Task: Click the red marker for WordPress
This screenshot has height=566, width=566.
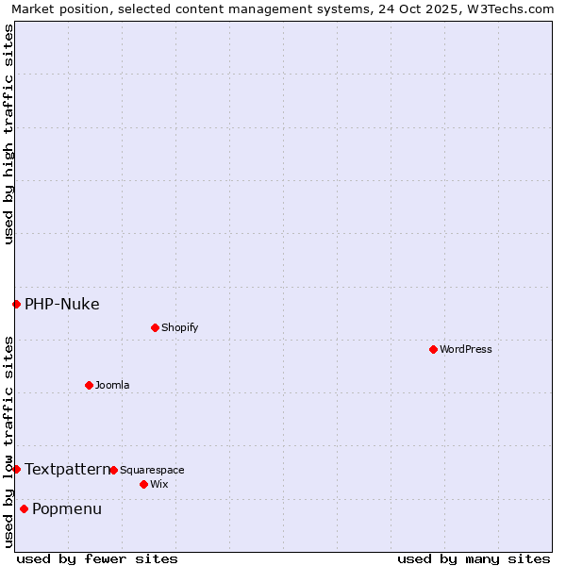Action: [433, 349]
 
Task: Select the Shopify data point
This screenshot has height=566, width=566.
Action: [155, 327]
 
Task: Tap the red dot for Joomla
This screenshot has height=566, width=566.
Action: [89, 385]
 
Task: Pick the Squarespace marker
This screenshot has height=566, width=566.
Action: [113, 470]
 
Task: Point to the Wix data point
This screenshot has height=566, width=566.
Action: [143, 484]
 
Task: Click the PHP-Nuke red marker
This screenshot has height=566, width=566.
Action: [16, 304]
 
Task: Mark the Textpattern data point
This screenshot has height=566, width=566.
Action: [16, 469]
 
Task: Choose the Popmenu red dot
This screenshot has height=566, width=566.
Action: [24, 508]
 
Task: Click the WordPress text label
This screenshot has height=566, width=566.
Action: [466, 350]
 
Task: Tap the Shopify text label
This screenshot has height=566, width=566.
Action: [179, 328]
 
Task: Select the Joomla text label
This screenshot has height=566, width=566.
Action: [112, 386]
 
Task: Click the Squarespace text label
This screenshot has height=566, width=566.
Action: [152, 471]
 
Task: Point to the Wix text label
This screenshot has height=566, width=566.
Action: [158, 485]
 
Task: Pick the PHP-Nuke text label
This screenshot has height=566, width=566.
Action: [61, 304]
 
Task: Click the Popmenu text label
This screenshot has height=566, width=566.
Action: [67, 509]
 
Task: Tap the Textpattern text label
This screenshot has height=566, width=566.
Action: [67, 469]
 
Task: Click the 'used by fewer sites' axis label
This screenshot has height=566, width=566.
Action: [97, 558]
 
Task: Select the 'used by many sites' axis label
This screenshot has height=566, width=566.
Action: [474, 558]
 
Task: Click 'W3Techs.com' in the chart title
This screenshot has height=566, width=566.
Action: [515, 8]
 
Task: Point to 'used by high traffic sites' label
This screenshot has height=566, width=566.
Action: [8, 134]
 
